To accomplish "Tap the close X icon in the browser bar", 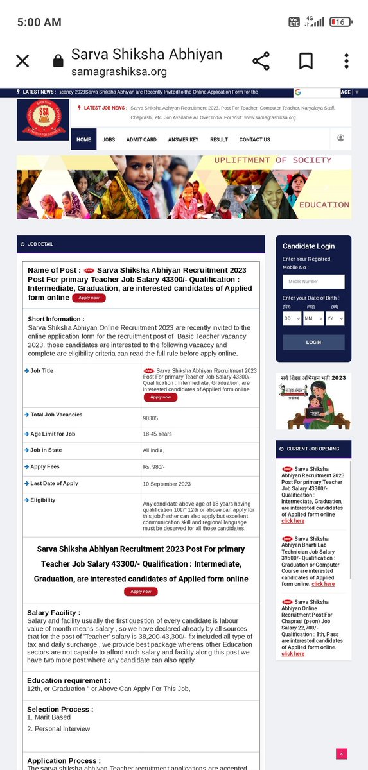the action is click(22, 61).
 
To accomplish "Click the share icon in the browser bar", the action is click(261, 61).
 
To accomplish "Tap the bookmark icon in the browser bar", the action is click(306, 61).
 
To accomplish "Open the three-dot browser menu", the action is click(346, 61).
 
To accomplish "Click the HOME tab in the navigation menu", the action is click(83, 139).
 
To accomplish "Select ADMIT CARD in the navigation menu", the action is click(141, 139).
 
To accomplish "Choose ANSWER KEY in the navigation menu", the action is click(183, 139).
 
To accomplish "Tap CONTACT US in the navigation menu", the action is click(254, 139).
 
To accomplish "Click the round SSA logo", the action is click(43, 119).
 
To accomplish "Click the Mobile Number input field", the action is click(313, 282).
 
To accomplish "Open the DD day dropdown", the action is click(292, 318).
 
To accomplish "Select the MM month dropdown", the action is click(313, 318).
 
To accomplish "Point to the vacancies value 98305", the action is click(151, 418).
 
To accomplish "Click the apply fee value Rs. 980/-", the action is click(153, 468).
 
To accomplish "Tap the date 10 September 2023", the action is click(166, 484).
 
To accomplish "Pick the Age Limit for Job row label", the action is click(53, 434).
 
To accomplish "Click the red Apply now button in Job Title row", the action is click(160, 397).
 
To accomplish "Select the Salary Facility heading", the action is click(53, 613).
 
